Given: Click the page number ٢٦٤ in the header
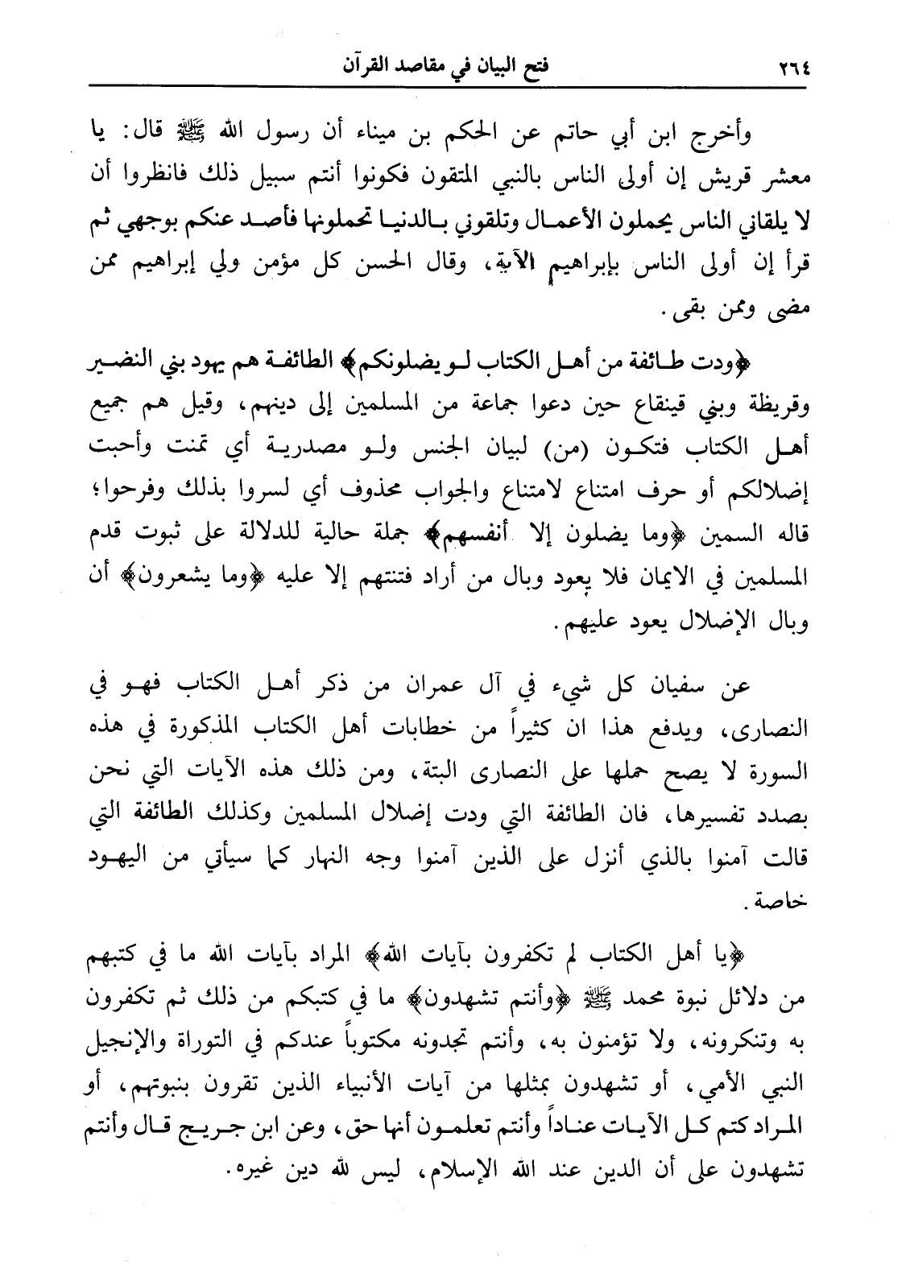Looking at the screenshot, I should (796, 63).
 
